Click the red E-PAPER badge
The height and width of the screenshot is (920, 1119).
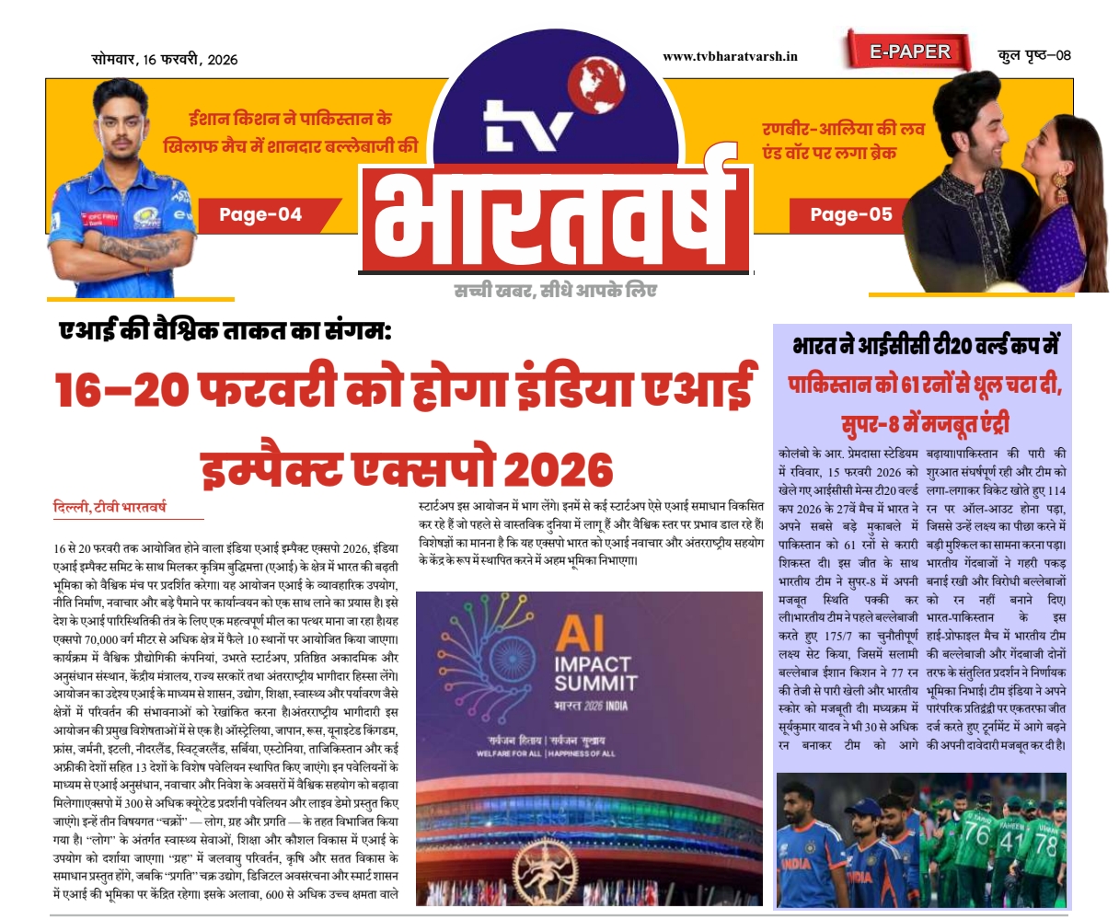909,52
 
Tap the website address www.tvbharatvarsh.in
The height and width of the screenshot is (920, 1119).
730,56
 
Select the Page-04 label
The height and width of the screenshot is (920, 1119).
260,215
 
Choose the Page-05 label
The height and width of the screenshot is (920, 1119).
851,214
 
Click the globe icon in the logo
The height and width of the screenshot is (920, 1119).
593,81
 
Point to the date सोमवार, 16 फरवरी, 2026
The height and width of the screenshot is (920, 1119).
164,59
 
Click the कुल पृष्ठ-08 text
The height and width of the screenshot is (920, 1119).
1034,55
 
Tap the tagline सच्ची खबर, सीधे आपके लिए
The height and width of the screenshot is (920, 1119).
556,291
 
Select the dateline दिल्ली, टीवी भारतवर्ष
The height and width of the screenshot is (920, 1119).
110,507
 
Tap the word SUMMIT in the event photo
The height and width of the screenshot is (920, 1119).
595,683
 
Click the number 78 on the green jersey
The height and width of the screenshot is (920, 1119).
1047,843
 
